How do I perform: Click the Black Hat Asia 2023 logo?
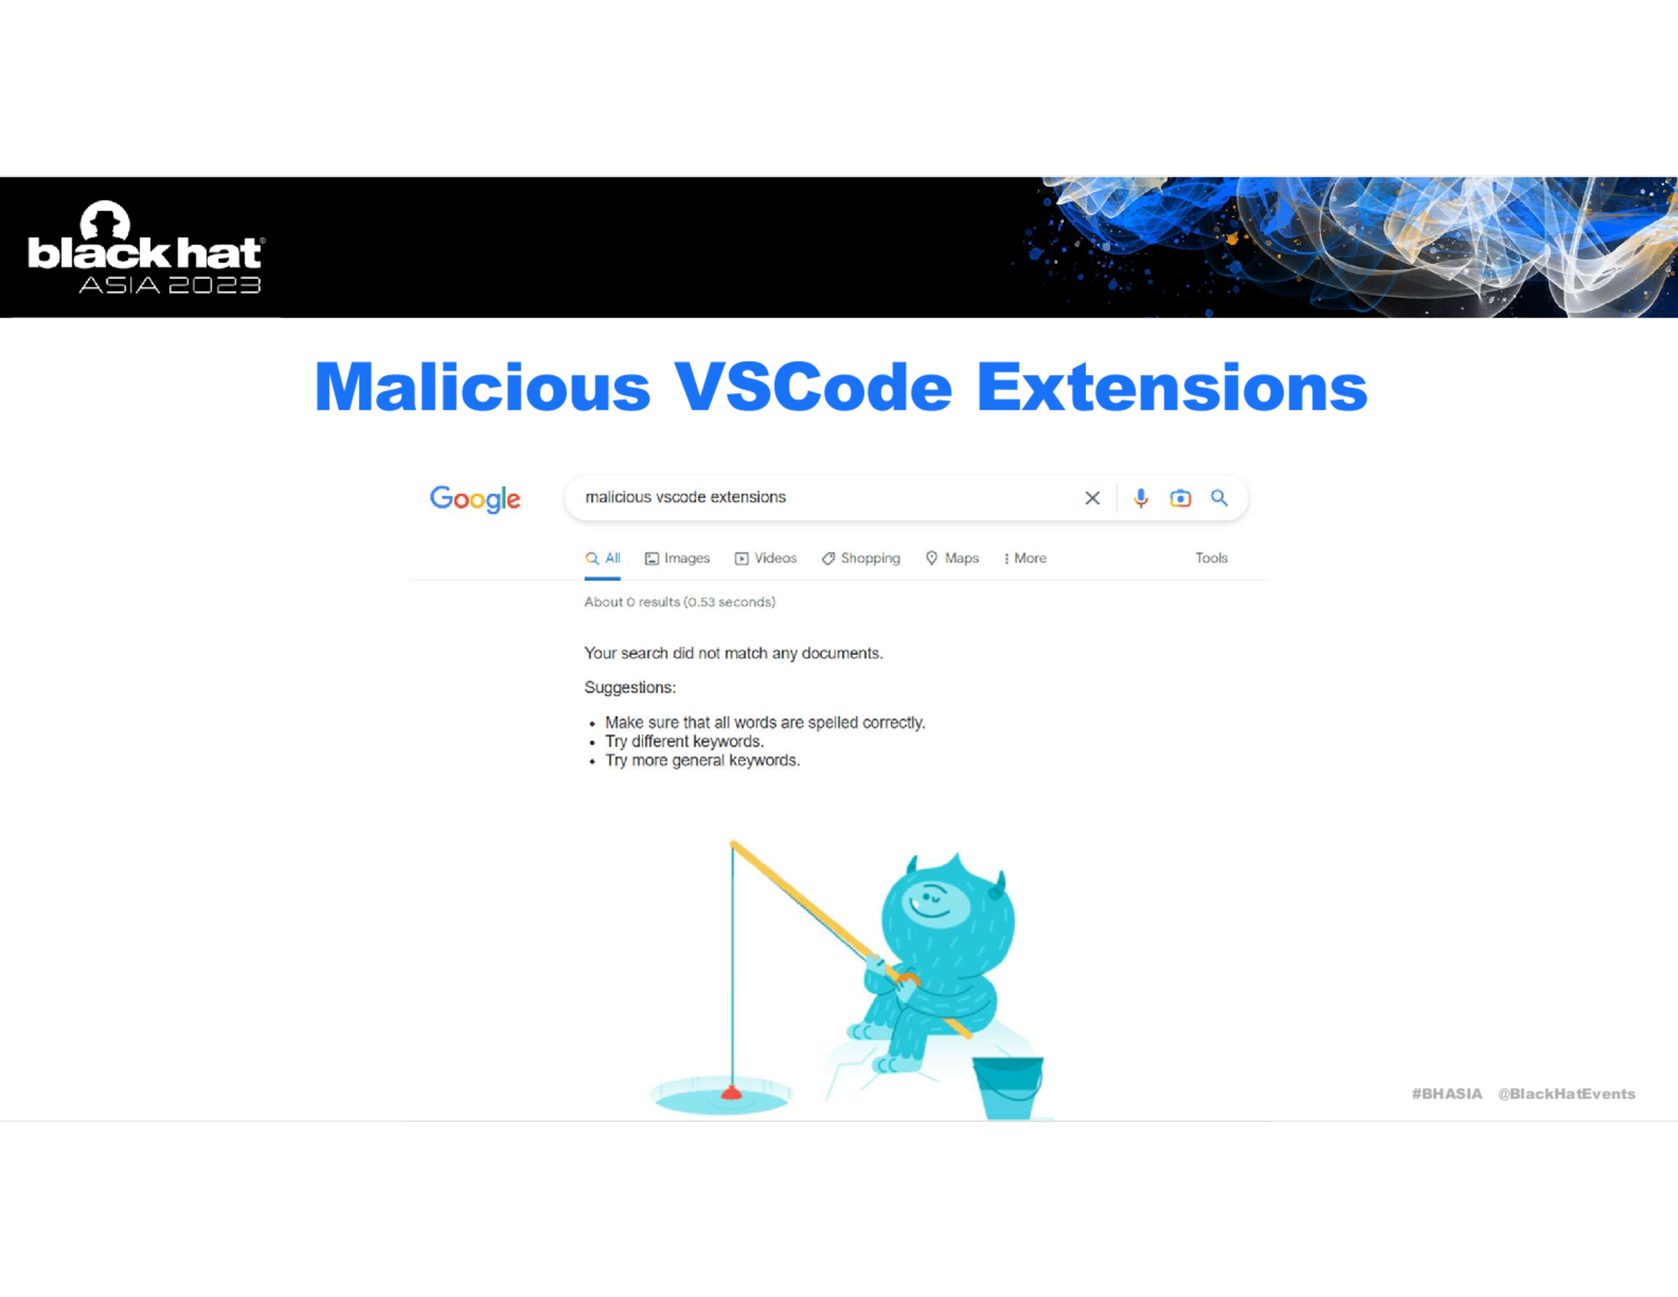click(146, 247)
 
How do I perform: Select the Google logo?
click(475, 498)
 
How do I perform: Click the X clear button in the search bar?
click(1092, 498)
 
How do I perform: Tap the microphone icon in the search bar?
click(1141, 498)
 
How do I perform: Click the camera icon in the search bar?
click(1180, 498)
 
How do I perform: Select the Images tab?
click(677, 558)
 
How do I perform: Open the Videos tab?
click(765, 558)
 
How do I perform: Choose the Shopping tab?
click(861, 558)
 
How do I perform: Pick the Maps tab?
click(952, 558)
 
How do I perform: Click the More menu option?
click(1026, 558)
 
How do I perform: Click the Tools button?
click(1211, 558)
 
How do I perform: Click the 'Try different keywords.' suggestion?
click(684, 741)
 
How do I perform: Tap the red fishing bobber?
click(732, 1092)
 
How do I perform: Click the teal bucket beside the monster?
click(1008, 1088)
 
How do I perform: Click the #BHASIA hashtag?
click(1447, 1094)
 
